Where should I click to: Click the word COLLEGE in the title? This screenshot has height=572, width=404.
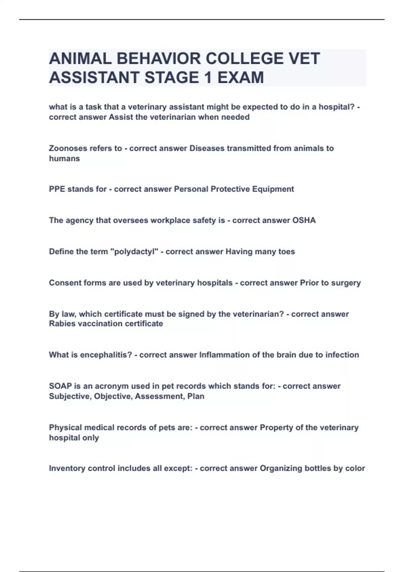tap(244, 59)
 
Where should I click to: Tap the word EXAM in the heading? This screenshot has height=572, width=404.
tap(240, 78)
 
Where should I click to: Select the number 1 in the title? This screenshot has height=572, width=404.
tap(208, 78)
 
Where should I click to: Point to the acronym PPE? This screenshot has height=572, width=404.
tap(57, 189)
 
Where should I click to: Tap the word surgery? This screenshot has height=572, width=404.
tap(346, 283)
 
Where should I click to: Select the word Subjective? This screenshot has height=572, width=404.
tap(70, 396)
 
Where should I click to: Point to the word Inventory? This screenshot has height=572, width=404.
tap(67, 468)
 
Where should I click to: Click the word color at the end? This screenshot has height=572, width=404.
tap(355, 468)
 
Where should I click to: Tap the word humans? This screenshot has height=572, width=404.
tap(64, 158)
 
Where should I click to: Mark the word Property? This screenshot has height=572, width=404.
tap(276, 428)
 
